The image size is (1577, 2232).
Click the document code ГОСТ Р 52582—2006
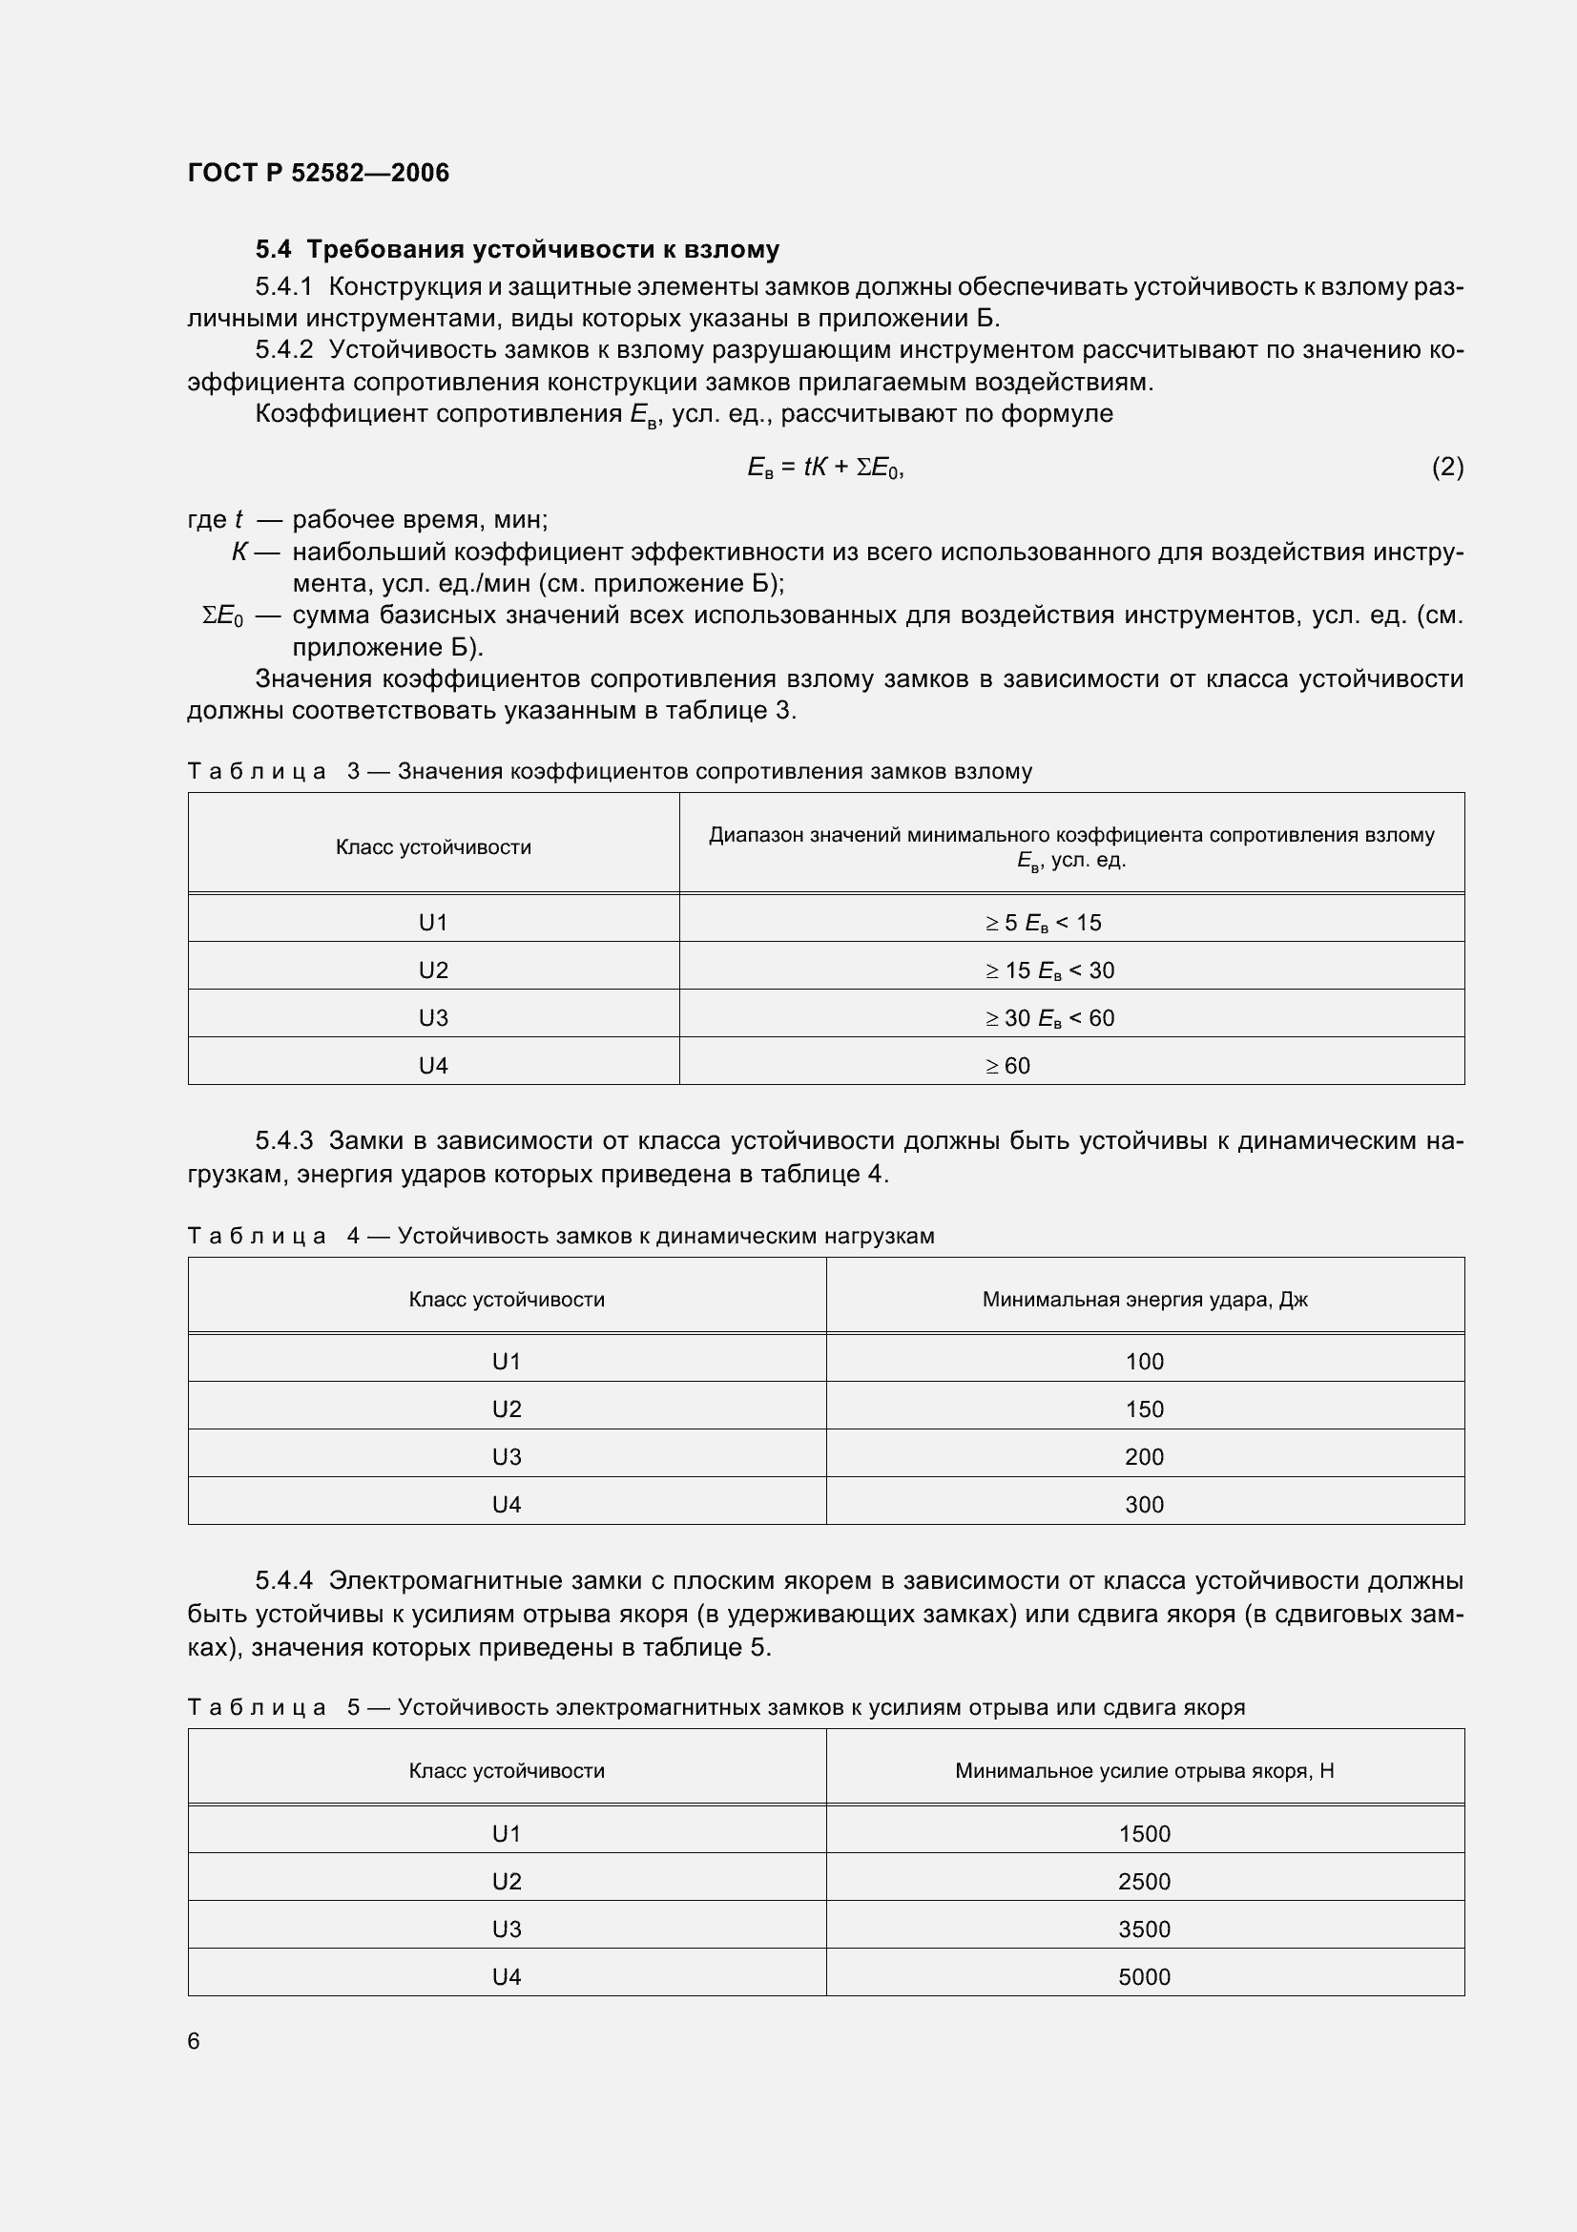[x=318, y=173]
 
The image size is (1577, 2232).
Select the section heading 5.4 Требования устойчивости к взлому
[x=517, y=250]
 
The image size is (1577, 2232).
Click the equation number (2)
[x=1447, y=468]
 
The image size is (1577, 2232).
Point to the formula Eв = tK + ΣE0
[x=825, y=468]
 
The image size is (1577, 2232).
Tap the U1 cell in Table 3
[x=432, y=923]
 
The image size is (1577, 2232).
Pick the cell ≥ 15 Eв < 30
[x=1049, y=970]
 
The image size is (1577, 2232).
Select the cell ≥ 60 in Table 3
[x=1007, y=1066]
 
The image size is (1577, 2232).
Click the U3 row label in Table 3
[x=432, y=1018]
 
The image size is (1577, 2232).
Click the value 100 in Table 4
[x=1144, y=1361]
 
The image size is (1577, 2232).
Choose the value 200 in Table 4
[x=1144, y=1456]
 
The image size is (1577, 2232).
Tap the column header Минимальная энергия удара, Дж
[x=1144, y=1300]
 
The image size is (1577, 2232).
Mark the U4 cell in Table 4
[x=507, y=1504]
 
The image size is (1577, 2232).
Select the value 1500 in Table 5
[x=1144, y=1833]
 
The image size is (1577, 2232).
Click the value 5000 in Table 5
[x=1144, y=1976]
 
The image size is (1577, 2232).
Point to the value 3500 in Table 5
[x=1144, y=1929]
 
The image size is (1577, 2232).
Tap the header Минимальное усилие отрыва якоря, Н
[x=1144, y=1770]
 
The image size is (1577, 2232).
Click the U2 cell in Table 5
[x=507, y=1881]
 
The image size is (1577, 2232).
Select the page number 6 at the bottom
[x=194, y=2040]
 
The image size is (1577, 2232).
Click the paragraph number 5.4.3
[x=283, y=1140]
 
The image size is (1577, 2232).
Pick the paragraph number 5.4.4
[x=283, y=1580]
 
